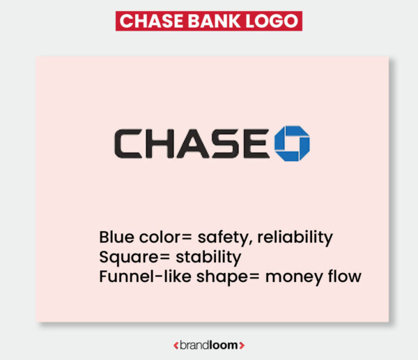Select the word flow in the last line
pyautogui.click(x=343, y=276)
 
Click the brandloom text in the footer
pyautogui.click(x=209, y=345)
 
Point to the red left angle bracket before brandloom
pyautogui.click(x=175, y=345)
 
